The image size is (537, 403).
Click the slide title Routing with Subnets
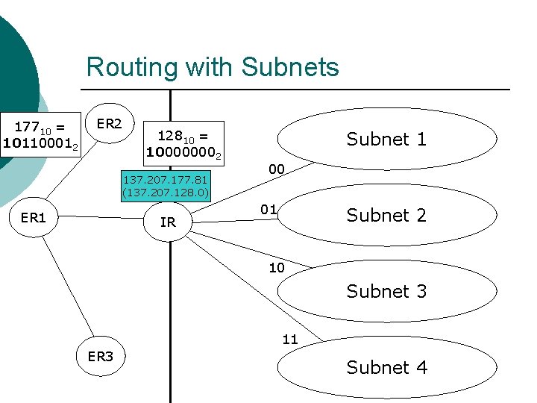[x=213, y=67]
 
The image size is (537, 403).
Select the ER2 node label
[x=110, y=123]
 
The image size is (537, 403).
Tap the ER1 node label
[x=34, y=218]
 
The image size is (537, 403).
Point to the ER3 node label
[x=101, y=356]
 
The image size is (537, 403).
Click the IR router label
[x=168, y=222]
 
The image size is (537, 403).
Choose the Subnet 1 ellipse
[x=386, y=139]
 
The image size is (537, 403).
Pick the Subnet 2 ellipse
[x=386, y=215]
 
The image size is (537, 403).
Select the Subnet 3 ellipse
[x=386, y=291]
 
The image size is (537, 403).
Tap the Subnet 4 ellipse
[x=386, y=367]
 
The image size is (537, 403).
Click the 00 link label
[x=276, y=169]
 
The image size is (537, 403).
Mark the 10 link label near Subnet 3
[x=276, y=267]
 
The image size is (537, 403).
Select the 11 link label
[x=290, y=340]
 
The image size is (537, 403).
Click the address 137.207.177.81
[x=166, y=180]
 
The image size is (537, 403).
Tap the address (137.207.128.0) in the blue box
[x=166, y=193]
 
